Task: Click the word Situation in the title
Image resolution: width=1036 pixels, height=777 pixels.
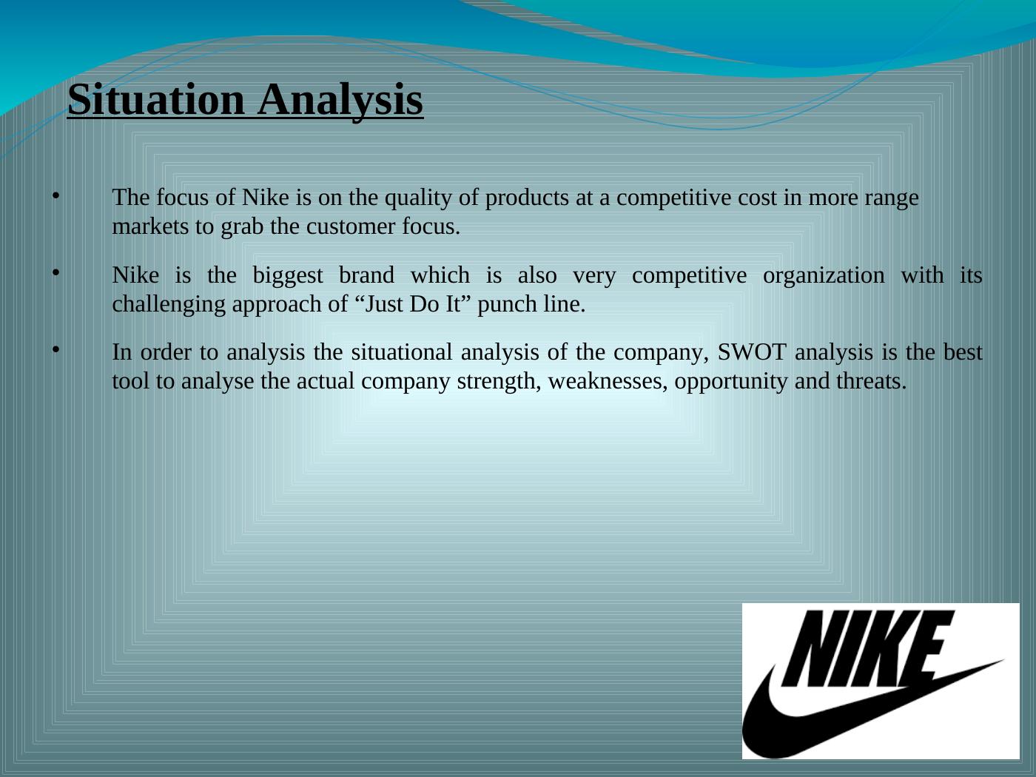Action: coord(156,100)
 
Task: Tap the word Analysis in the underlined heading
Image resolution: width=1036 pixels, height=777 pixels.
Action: coord(340,101)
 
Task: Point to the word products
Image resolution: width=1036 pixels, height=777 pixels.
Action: coord(527,198)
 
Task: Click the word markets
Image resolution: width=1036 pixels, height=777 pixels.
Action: coord(150,226)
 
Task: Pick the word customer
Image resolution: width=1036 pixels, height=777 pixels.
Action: coord(351,227)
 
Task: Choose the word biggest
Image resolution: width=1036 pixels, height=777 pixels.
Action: coord(288,276)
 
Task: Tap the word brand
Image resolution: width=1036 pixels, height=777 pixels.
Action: coord(366,275)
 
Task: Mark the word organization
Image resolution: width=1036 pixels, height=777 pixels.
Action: coord(824,276)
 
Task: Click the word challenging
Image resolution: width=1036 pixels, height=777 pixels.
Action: coord(169,305)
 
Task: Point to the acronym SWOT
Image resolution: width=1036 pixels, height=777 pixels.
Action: coord(752,352)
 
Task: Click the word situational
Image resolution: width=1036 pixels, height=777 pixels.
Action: coord(402,352)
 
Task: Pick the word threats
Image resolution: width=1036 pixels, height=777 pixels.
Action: coord(871,381)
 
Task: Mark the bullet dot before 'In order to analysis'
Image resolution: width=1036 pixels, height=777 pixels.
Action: coord(56,349)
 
